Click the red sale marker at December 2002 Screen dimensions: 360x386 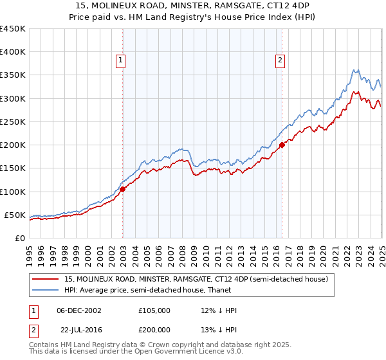coord(122,189)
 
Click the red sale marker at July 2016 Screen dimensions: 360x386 coord(282,145)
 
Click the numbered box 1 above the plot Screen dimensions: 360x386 coord(121,61)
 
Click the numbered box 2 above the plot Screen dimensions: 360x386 coord(280,61)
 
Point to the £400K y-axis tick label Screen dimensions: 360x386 coord(13,52)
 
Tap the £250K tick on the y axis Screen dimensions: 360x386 coord(13,122)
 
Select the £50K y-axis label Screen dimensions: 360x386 coord(15,215)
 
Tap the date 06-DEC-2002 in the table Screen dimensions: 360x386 coord(79,310)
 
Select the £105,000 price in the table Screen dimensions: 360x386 coord(154,310)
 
